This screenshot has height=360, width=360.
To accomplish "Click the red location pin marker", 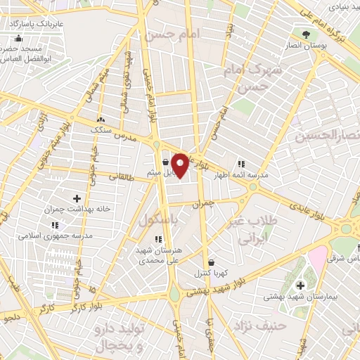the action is (179, 165).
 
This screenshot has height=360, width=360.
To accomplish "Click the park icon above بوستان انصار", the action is (304, 34).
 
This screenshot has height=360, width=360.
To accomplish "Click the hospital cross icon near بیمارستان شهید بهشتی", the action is (300, 285).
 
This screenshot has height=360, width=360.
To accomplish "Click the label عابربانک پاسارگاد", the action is (34, 24).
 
